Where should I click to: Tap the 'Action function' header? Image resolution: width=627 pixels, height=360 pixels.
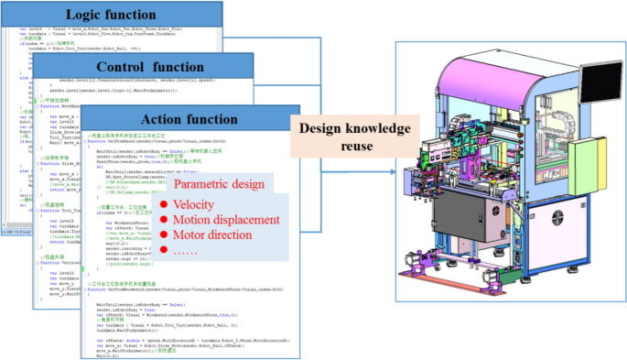point(189,119)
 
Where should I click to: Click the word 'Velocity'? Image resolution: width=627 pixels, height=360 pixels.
point(199,204)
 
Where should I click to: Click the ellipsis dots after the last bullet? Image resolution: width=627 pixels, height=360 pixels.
point(189,252)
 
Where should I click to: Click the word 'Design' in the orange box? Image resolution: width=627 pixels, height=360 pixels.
point(319,128)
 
